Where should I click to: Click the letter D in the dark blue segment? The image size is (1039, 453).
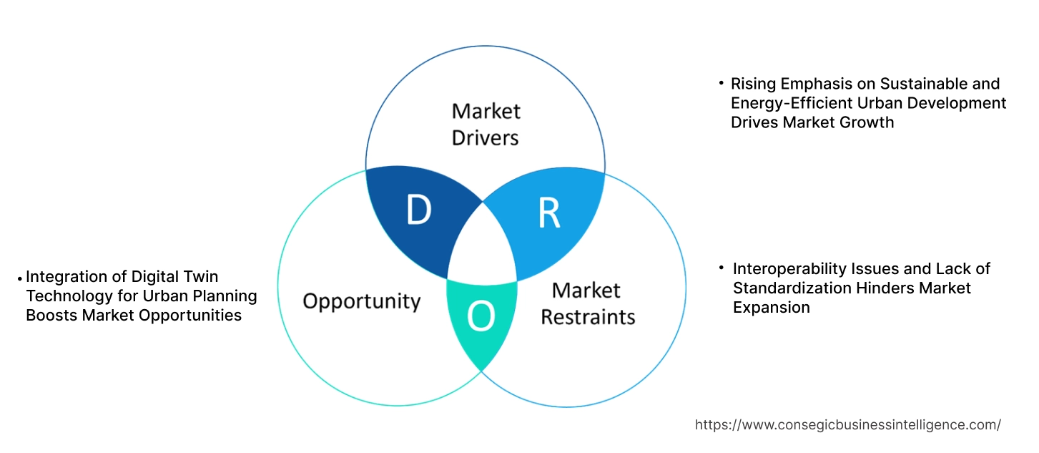click(x=419, y=210)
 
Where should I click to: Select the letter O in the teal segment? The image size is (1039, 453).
click(x=481, y=318)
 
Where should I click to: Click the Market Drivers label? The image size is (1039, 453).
click(x=486, y=124)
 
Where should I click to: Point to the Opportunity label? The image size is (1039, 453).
click(x=361, y=301)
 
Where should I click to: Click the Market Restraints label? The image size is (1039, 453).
click(x=587, y=303)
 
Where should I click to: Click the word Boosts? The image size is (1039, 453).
click(x=50, y=315)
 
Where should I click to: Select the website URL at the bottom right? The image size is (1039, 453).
click(x=847, y=425)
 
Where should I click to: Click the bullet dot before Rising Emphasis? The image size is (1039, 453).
click(x=722, y=84)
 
